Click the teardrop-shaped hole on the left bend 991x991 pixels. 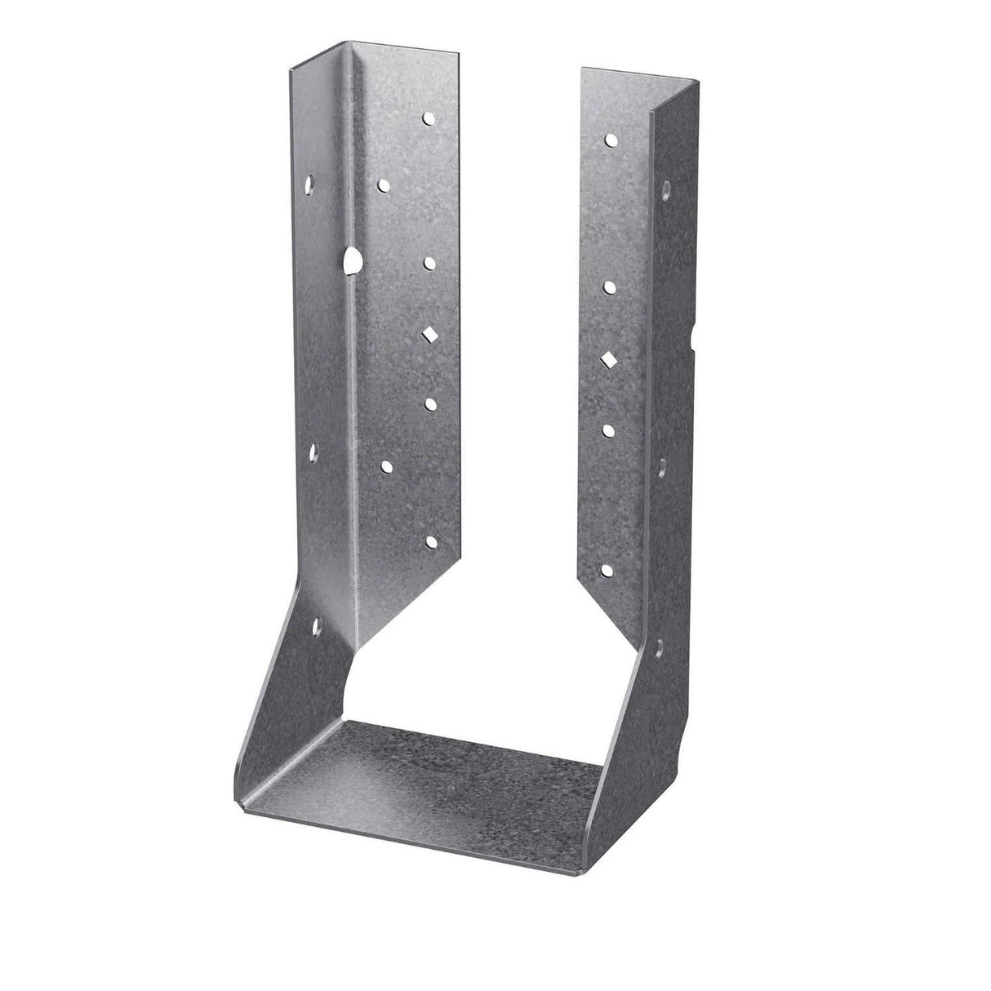tap(353, 261)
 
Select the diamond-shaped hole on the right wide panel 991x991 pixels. tap(610, 358)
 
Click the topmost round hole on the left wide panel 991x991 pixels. tap(428, 119)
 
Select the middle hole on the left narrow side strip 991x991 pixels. tap(313, 449)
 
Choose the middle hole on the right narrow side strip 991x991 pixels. tap(663, 465)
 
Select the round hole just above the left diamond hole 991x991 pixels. tap(429, 263)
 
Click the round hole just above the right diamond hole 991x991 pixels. tap(610, 286)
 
